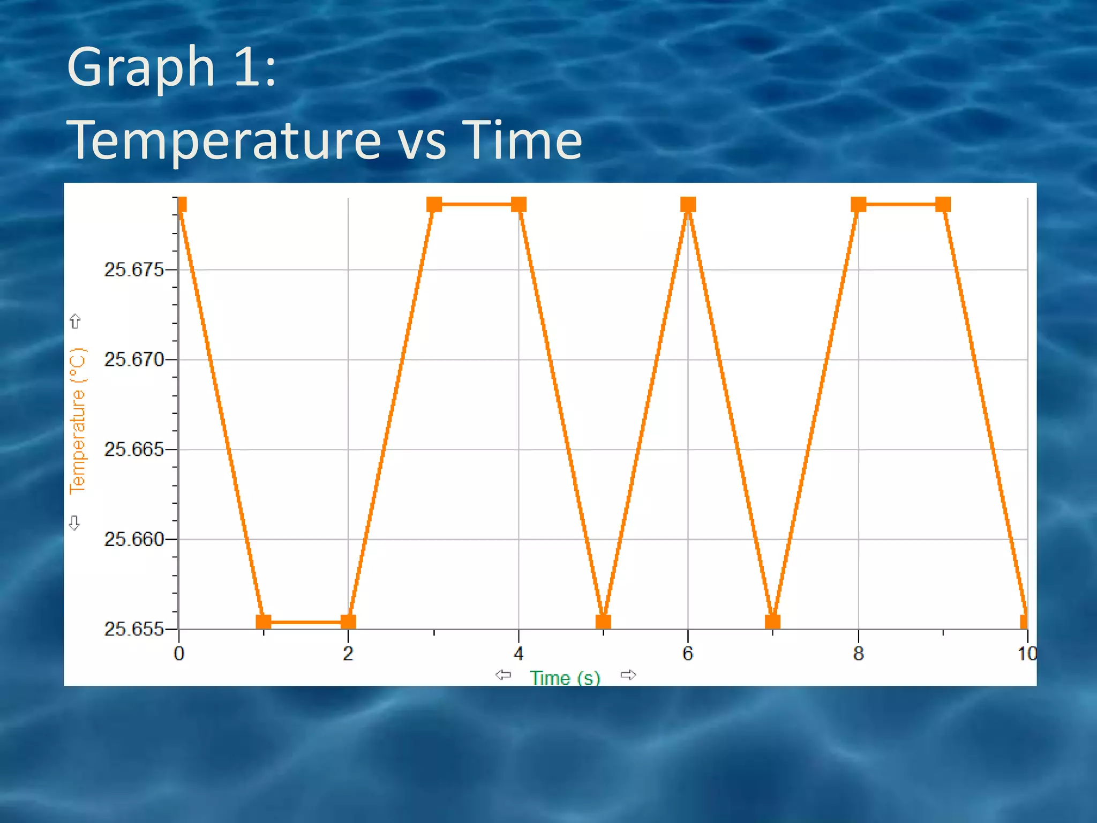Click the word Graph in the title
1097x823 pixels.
click(x=140, y=68)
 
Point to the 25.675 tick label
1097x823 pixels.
click(x=133, y=270)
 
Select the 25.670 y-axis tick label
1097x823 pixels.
click(x=133, y=360)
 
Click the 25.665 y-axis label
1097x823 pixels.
click(x=133, y=450)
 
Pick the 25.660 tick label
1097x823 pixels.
click(x=133, y=540)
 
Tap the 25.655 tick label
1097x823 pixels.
click(x=133, y=629)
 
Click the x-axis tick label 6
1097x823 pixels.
click(x=688, y=654)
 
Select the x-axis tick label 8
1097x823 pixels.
click(x=858, y=654)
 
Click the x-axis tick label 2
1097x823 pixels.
click(x=348, y=654)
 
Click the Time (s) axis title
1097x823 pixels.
click(x=565, y=678)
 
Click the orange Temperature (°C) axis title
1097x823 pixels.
click(x=78, y=421)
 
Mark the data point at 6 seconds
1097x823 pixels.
click(x=688, y=205)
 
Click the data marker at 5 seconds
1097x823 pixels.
click(x=603, y=622)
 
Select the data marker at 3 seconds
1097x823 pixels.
click(x=434, y=205)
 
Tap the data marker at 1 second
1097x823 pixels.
click(x=264, y=622)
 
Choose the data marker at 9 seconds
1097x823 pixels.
click(x=943, y=205)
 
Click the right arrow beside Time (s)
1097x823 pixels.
click(x=628, y=675)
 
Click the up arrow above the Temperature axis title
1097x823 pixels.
click(x=75, y=321)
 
